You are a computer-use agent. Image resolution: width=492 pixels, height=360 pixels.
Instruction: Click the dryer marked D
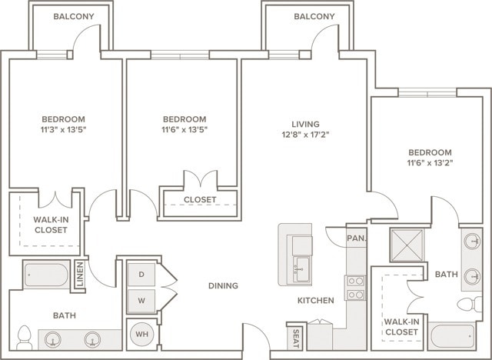click(141, 273)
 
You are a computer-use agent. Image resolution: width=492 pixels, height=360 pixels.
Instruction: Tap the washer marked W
click(141, 299)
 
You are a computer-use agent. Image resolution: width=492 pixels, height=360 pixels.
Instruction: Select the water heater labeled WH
click(141, 334)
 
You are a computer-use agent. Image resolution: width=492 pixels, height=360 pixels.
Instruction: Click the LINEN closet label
click(80, 275)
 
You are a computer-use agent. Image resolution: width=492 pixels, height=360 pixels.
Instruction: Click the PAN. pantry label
click(356, 238)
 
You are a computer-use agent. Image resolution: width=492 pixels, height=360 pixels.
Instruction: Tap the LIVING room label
click(305, 124)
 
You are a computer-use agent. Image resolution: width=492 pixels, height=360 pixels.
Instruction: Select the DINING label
click(223, 286)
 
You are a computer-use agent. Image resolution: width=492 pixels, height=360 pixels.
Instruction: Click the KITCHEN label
click(316, 300)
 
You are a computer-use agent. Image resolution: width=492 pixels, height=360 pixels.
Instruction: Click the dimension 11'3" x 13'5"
click(63, 130)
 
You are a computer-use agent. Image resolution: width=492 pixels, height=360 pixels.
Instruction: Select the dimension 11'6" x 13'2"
click(430, 163)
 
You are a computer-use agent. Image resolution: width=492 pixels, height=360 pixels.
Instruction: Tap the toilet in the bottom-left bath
click(24, 337)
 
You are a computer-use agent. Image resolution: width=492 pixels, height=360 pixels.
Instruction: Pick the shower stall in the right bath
click(407, 245)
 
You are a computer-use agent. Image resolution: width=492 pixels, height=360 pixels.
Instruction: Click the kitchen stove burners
click(355, 287)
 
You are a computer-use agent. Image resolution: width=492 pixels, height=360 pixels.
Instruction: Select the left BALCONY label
click(74, 16)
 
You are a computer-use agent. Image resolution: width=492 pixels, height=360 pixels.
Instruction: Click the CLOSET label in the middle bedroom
click(200, 200)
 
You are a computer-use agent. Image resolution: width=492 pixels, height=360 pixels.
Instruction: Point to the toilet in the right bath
click(470, 304)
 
